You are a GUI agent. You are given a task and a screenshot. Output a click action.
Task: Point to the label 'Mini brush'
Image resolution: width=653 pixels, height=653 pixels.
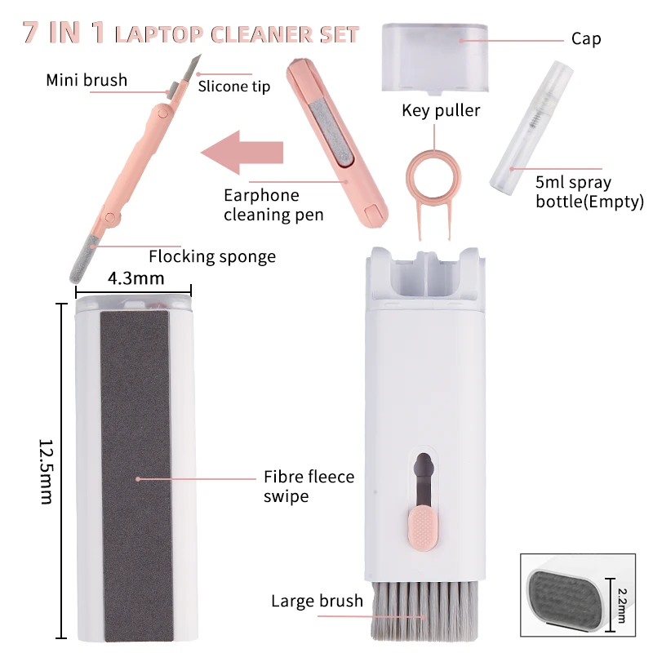tap(87, 80)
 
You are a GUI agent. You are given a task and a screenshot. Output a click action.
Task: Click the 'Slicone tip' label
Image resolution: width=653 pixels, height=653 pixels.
tap(233, 87)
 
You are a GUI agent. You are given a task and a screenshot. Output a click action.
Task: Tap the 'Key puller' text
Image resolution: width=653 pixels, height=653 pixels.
tap(441, 110)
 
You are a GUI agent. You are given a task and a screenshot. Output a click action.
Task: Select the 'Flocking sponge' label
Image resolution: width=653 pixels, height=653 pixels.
tap(212, 256)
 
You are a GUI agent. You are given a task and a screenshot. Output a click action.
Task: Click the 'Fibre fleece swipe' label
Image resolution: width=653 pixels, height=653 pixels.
tap(309, 486)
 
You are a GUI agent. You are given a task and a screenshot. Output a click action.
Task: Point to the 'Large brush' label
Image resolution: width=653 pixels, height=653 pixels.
tap(317, 602)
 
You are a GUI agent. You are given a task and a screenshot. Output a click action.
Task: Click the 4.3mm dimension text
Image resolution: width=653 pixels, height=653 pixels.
tap(135, 278)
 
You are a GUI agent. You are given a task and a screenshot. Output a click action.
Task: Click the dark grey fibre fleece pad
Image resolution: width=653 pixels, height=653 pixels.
tap(135, 473)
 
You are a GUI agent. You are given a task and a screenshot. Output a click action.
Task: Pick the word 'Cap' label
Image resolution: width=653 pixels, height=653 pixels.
tap(586, 39)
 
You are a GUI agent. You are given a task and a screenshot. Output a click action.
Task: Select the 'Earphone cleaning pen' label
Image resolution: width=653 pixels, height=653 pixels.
tap(273, 205)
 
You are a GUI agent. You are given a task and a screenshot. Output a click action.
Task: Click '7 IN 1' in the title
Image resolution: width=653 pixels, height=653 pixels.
tap(64, 33)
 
